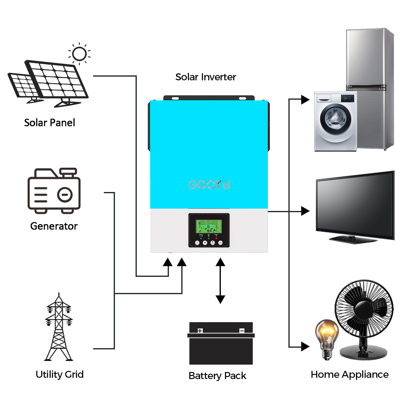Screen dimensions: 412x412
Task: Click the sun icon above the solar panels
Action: point(80,54)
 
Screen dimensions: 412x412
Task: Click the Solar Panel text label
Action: point(49,122)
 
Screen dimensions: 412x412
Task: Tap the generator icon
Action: point(54,191)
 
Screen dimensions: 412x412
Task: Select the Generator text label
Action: point(54,226)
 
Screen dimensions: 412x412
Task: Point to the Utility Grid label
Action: point(59,375)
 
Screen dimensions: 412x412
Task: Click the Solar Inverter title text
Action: point(206,77)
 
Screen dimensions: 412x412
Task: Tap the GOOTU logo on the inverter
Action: point(209,184)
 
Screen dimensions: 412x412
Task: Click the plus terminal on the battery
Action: point(200,330)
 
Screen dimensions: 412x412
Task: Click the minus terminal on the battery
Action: point(242,330)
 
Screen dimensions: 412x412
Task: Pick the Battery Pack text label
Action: point(217,376)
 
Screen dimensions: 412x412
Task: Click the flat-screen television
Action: point(355,205)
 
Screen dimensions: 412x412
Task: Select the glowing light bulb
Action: point(326,336)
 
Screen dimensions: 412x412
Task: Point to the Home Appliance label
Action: point(349,375)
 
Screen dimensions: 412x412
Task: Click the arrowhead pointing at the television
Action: point(305,211)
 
